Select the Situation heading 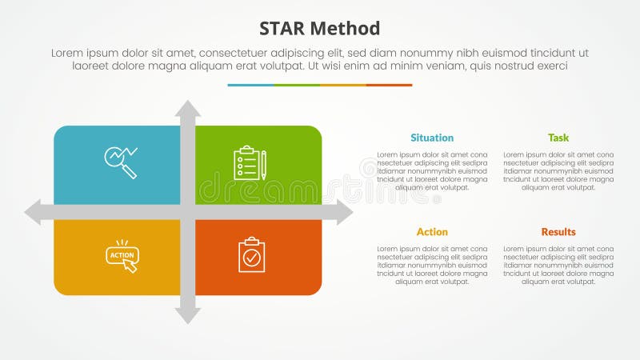click(x=432, y=138)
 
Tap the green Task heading click(x=558, y=138)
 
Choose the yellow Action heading click(x=432, y=232)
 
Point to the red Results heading click(x=558, y=232)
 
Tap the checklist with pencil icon click(x=250, y=162)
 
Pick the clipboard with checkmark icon click(x=251, y=254)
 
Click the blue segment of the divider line click(x=250, y=85)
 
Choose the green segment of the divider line click(x=297, y=85)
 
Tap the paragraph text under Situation click(x=432, y=170)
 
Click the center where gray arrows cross click(x=188, y=213)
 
